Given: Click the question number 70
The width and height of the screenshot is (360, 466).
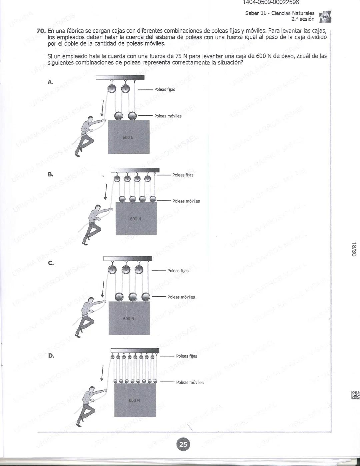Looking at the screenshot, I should [x=41, y=31].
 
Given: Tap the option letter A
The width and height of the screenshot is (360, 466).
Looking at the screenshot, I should [x=50, y=82].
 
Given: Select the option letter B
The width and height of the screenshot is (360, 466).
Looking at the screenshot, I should [x=50, y=174].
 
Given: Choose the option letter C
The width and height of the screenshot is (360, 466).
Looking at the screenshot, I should [x=51, y=263].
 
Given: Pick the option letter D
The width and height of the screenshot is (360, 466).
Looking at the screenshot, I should [x=51, y=356].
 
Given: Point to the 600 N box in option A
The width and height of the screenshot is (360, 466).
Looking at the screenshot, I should [x=129, y=137].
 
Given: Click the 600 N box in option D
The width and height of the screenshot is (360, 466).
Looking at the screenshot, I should [x=135, y=400].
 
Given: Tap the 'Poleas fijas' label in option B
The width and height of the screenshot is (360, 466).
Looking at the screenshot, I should [x=183, y=175].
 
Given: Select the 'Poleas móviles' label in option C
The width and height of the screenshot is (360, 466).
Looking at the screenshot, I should [x=181, y=297].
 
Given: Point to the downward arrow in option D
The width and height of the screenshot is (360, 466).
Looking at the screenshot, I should [x=102, y=373].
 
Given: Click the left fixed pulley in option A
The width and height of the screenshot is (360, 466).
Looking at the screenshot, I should [x=112, y=89].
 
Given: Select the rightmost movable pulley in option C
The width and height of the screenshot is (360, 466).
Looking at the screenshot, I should [x=146, y=297].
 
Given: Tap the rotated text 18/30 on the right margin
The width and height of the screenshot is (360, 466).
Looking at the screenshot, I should [x=354, y=249].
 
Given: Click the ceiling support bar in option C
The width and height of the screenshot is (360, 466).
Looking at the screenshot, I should [x=128, y=259].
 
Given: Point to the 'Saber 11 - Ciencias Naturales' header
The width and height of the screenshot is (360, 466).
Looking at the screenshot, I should [x=280, y=13].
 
